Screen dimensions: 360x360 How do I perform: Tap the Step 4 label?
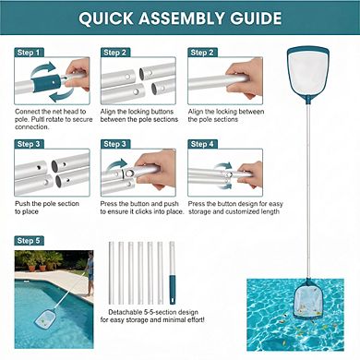pyautogui.click(x=201, y=143)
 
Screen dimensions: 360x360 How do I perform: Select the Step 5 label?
pyautogui.click(x=29, y=241)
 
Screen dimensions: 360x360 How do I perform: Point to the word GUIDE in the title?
pyautogui.click(x=252, y=19)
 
